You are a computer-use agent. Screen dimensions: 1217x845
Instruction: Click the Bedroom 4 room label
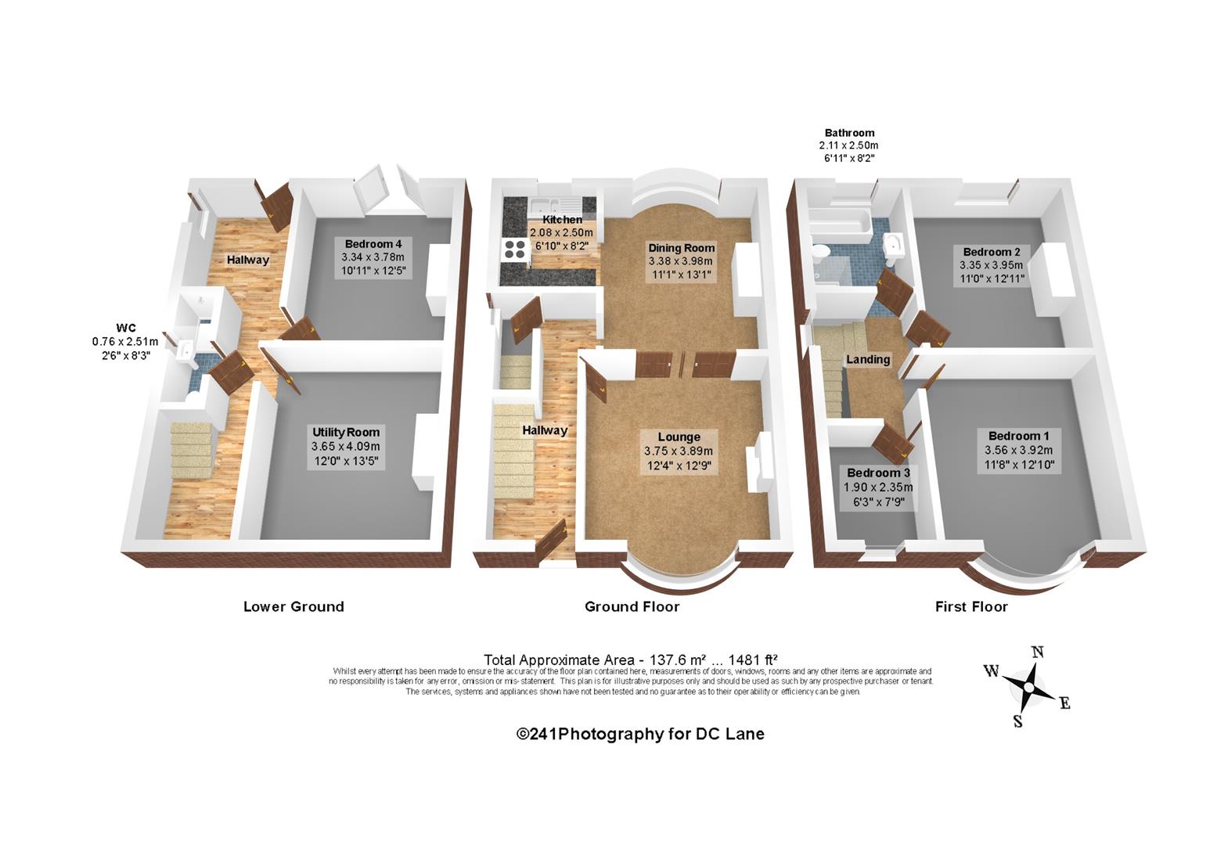(373, 244)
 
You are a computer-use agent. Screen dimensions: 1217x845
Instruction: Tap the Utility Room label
(346, 432)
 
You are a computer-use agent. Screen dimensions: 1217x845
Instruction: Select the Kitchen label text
(562, 220)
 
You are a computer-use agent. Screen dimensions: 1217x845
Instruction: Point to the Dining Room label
(682, 248)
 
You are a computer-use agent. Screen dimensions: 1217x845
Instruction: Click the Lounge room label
(679, 437)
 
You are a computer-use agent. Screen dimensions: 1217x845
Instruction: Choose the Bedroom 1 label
(1019, 436)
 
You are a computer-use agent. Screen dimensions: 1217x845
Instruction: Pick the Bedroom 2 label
(992, 252)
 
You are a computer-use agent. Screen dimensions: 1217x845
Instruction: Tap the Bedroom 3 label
(879, 473)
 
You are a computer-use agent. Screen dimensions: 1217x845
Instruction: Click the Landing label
(868, 359)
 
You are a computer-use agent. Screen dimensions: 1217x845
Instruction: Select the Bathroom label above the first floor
(850, 133)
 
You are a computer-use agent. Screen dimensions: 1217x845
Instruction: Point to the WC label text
(126, 328)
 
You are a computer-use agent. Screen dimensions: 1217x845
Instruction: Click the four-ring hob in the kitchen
(515, 250)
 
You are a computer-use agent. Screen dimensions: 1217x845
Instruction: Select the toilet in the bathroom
(820, 250)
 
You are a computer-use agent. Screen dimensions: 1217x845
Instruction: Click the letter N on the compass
(1037, 652)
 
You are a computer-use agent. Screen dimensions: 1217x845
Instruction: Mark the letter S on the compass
(1017, 721)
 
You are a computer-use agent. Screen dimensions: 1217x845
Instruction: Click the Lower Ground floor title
(293, 606)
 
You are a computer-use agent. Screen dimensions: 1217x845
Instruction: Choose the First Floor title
(971, 606)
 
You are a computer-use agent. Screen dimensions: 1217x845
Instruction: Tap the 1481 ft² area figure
(753, 660)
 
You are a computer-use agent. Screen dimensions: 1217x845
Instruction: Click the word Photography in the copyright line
(611, 734)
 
